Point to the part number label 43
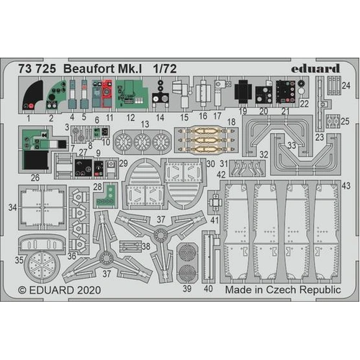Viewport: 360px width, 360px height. tap(346, 186)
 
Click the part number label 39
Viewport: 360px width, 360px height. tap(188, 289)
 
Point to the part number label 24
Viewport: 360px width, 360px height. tap(346, 86)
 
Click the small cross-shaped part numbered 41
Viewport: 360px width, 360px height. tap(215, 202)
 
